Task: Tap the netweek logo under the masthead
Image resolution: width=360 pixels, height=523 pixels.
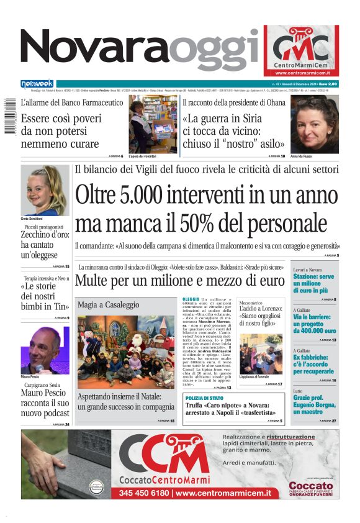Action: (x=37, y=83)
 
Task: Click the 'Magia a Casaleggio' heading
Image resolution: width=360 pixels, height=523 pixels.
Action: (x=108, y=305)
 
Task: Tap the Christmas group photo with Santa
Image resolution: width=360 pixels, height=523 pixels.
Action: (x=126, y=352)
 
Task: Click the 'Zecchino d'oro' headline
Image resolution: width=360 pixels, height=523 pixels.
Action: (x=45, y=245)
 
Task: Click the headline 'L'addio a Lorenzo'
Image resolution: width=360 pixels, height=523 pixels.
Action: (x=260, y=308)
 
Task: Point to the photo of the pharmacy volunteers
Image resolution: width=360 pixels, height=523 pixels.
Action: (x=152, y=124)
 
